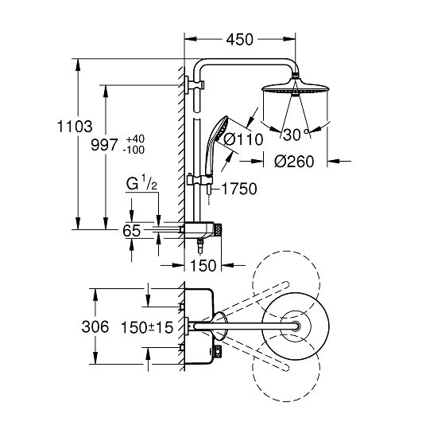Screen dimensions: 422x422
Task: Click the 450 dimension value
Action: [239, 40]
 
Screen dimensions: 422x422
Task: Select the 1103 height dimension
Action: [75, 127]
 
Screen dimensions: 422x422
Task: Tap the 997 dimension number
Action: [104, 145]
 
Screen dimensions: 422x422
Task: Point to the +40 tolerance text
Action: [135, 139]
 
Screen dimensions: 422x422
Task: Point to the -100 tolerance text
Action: [134, 150]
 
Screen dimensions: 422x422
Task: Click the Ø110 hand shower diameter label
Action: [243, 139]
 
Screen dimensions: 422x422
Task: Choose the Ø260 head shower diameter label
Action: [294, 162]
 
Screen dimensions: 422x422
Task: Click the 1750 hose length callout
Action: [239, 189]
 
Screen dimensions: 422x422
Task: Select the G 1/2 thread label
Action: [141, 183]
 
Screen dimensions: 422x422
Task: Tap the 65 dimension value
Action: [132, 231]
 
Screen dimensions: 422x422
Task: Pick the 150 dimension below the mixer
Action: [203, 265]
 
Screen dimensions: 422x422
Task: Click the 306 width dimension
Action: [95, 326]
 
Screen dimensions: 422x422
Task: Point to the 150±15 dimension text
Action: [147, 327]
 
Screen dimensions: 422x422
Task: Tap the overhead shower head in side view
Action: [295, 87]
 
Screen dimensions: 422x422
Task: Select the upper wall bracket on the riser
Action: [195, 84]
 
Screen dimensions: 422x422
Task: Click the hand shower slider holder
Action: [199, 180]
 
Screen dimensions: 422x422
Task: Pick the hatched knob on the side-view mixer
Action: [217, 230]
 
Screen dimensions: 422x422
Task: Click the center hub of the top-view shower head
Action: [296, 326]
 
